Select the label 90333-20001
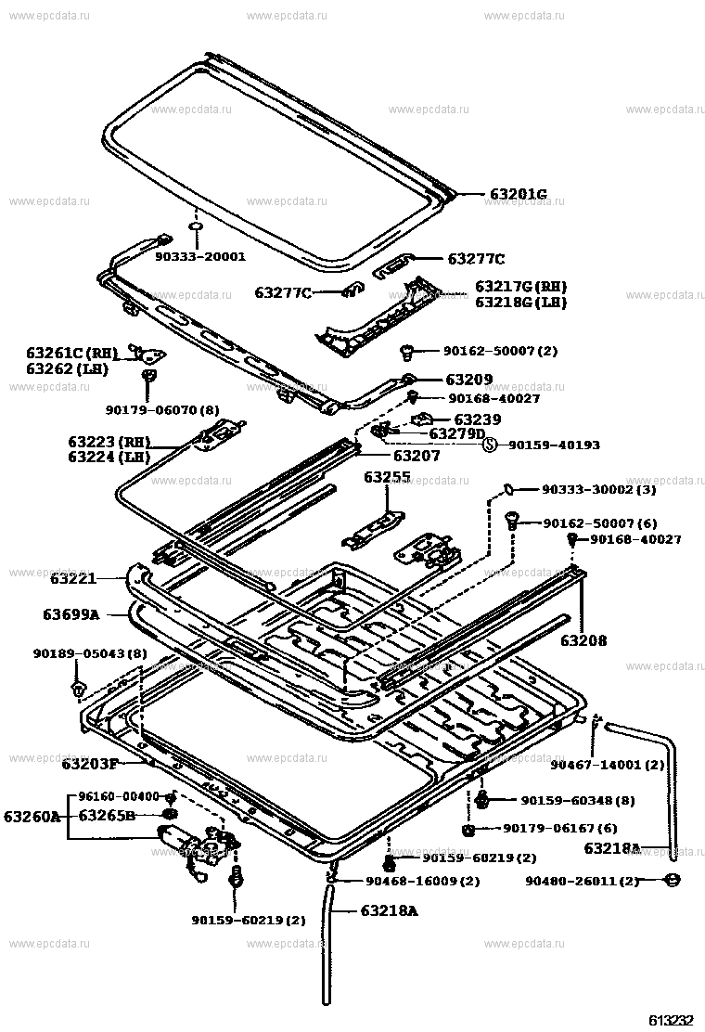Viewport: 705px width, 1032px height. (199, 256)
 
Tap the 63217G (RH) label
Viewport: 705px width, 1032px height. (520, 287)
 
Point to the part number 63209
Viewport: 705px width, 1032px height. (468, 380)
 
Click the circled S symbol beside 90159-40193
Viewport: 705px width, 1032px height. (490, 445)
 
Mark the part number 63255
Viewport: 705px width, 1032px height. (387, 477)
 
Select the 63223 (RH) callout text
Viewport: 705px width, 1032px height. (109, 441)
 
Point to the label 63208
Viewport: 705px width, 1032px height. (583, 639)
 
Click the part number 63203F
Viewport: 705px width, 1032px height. (90, 764)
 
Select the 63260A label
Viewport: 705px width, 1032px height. (31, 817)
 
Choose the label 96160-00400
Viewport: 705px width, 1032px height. (119, 796)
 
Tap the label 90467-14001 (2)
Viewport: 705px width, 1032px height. (607, 765)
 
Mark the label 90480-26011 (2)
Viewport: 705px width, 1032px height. (582, 881)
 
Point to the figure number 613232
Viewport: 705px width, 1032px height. (671, 1019)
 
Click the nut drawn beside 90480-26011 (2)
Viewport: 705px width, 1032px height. (673, 880)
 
